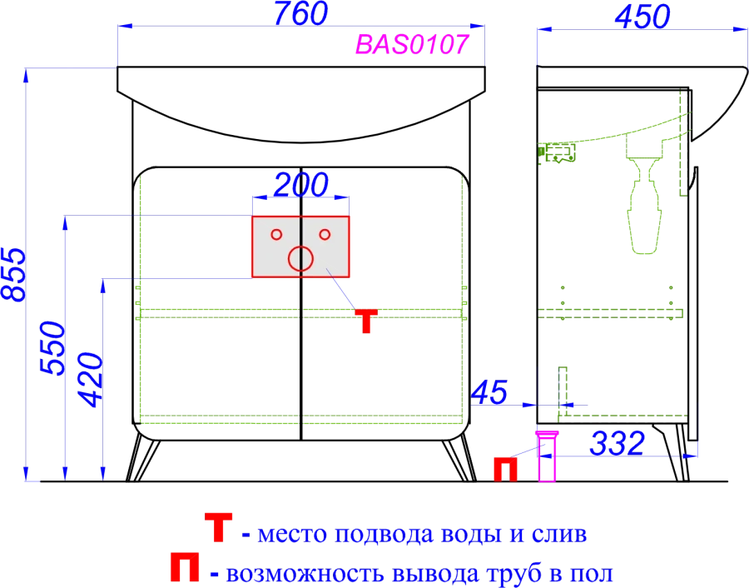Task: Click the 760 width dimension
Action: click(301, 13)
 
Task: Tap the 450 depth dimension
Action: click(642, 17)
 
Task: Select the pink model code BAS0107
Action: click(412, 44)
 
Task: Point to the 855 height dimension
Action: click(12, 274)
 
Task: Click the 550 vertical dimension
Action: click(52, 348)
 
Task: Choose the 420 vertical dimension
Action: click(91, 380)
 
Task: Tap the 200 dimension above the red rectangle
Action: click(301, 185)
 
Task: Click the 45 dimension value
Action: click(489, 392)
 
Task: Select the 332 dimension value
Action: click(618, 443)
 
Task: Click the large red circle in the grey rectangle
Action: click(300, 259)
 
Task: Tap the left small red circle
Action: click(276, 235)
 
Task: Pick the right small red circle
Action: click(325, 235)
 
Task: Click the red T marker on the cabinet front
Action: click(366, 321)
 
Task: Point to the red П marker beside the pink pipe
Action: click(505, 469)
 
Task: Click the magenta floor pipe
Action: click(547, 456)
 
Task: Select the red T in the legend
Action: click(218, 527)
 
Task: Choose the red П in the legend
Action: click(185, 567)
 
